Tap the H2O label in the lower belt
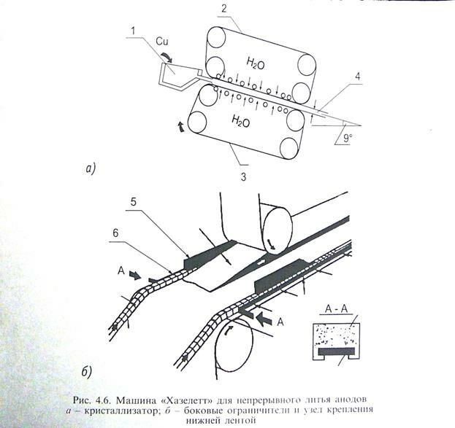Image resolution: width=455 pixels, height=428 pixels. coord(241,122)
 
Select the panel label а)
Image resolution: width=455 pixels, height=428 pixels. coord(90,169)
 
